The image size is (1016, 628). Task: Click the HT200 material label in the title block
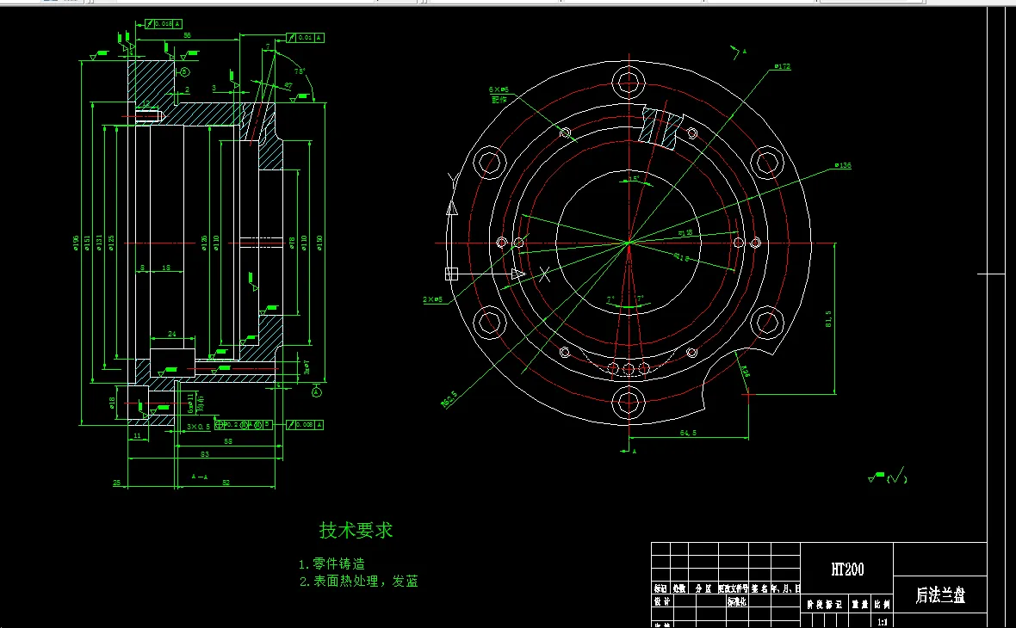point(847,570)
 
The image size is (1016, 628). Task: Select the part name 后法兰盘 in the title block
point(940,595)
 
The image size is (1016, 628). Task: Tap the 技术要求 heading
point(356,530)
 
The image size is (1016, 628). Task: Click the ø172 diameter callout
point(782,66)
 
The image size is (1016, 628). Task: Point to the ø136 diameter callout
point(842,165)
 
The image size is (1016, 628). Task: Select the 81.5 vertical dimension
point(829,318)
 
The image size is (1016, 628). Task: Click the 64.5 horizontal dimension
point(688,433)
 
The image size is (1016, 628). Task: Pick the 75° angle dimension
point(300,71)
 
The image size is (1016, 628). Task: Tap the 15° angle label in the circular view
point(633,179)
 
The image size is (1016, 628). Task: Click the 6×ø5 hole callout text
point(499,89)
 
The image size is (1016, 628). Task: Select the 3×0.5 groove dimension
point(198,427)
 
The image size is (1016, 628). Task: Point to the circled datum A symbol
point(317,392)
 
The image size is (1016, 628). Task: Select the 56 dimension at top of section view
point(187,35)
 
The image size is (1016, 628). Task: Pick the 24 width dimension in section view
point(171,334)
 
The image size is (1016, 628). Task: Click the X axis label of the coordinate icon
point(544,274)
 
